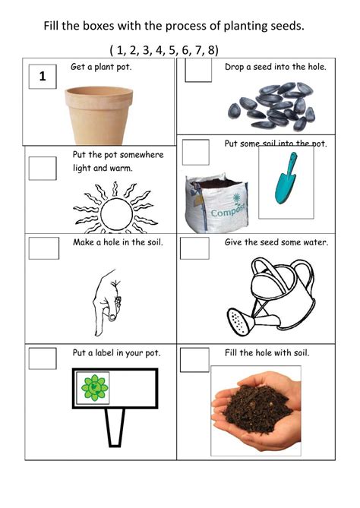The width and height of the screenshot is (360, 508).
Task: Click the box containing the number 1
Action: click(x=42, y=76)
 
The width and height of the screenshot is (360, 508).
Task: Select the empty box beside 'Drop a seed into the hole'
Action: click(x=198, y=71)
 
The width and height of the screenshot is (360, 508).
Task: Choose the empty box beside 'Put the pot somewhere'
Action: click(x=43, y=168)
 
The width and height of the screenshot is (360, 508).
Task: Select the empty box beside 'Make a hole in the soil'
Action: click(x=43, y=248)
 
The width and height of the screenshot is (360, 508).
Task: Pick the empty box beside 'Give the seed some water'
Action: click(x=196, y=248)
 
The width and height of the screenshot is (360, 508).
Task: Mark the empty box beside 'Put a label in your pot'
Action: click(x=43, y=358)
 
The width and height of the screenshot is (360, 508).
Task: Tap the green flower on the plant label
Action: click(x=95, y=387)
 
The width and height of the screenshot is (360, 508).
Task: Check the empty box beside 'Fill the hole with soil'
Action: click(x=194, y=359)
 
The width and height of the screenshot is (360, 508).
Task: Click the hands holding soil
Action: click(x=256, y=410)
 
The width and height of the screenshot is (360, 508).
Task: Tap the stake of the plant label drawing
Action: click(x=115, y=427)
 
